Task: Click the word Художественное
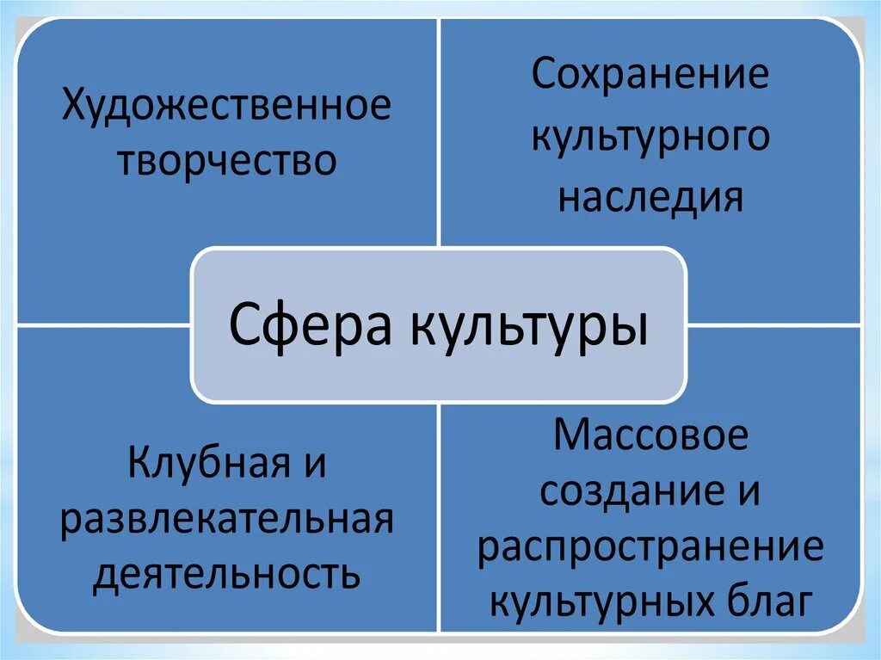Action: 225,109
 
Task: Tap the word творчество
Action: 226,161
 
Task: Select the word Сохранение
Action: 650,76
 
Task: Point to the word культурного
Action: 650,137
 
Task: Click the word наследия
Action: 650,197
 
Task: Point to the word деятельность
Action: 226,574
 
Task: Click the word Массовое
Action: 651,438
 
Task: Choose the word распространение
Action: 651,548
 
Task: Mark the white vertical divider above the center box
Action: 440,129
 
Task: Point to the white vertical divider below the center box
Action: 440,516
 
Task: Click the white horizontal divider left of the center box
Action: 103,325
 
